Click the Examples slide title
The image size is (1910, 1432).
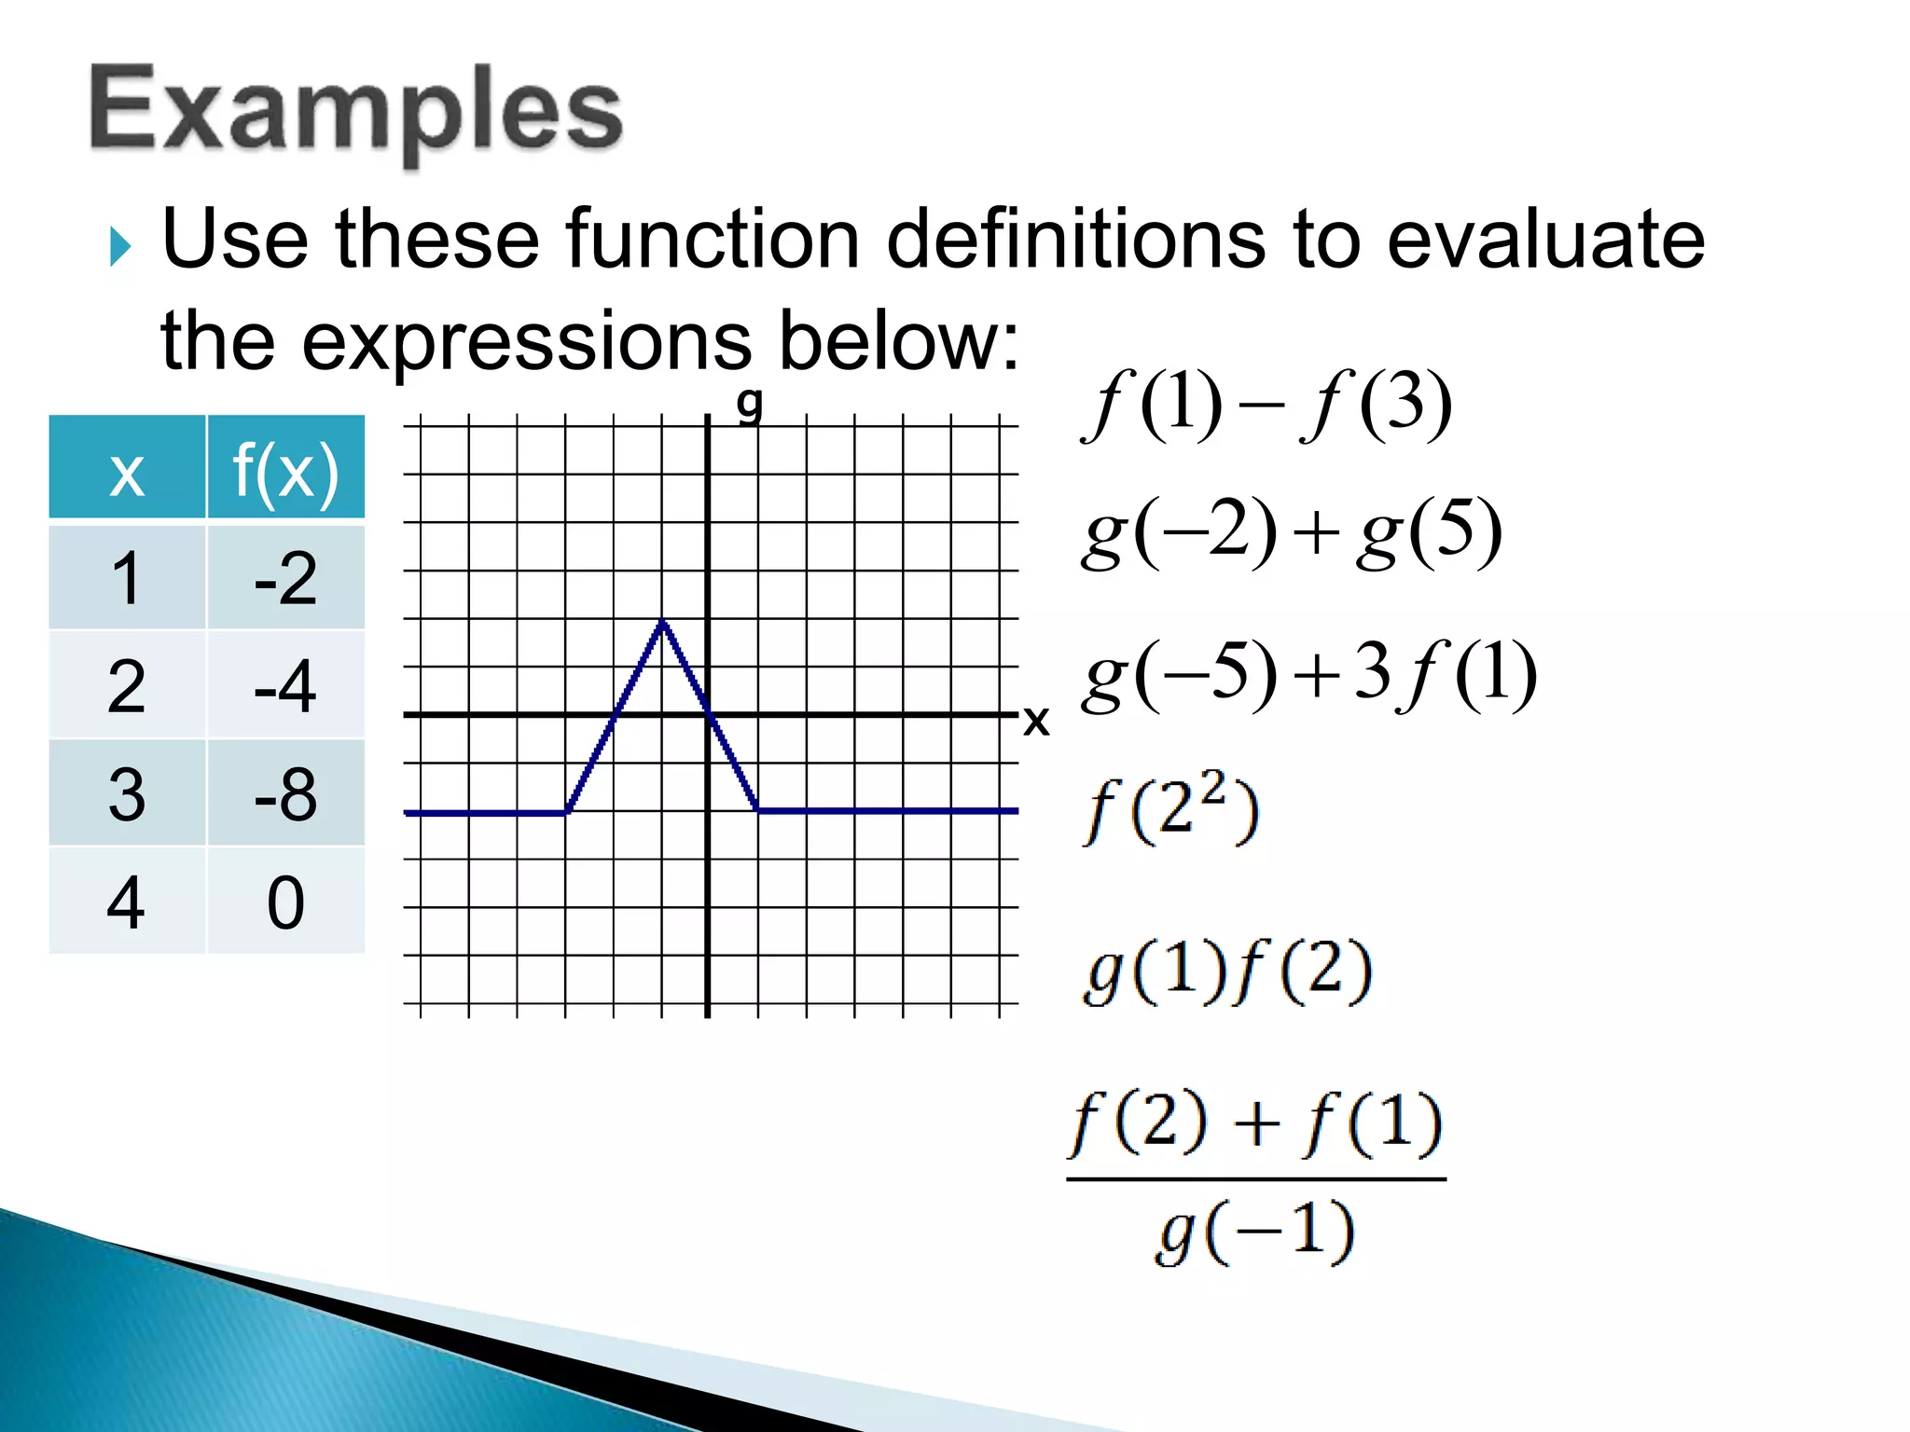[x=355, y=112]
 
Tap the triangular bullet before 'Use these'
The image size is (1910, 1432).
[x=120, y=247]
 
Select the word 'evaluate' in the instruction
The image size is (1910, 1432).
[x=1545, y=240]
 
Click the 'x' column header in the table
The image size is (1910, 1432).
[x=127, y=468]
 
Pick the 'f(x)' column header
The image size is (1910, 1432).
[x=285, y=468]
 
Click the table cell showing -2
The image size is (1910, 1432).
[x=285, y=578]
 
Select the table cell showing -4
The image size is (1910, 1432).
[x=285, y=686]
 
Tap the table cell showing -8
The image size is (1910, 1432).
[x=285, y=794]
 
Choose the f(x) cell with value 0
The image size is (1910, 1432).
[x=285, y=902]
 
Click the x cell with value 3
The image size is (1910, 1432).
[x=127, y=794]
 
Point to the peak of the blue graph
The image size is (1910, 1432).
[x=662, y=621]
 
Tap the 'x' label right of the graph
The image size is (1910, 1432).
[x=1036, y=721]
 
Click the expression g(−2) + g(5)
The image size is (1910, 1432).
[x=1292, y=533]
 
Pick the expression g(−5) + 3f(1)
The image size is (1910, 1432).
[x=1308, y=674]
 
